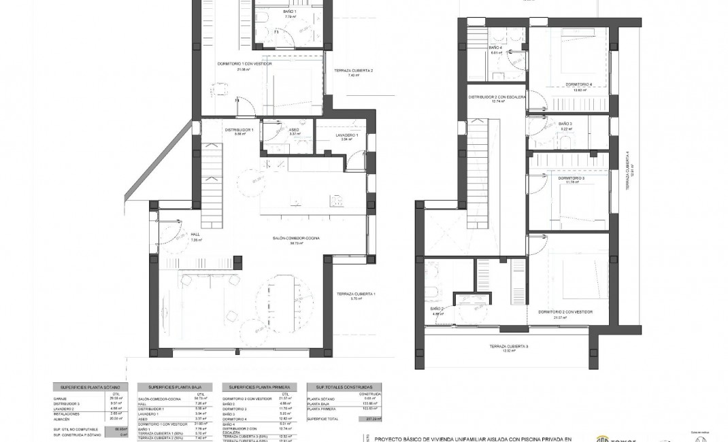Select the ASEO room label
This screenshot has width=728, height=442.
tap(294, 130)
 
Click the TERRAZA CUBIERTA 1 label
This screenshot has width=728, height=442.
tap(356, 294)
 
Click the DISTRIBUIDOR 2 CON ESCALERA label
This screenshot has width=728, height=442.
tap(497, 97)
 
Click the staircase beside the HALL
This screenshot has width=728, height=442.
tap(212, 187)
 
